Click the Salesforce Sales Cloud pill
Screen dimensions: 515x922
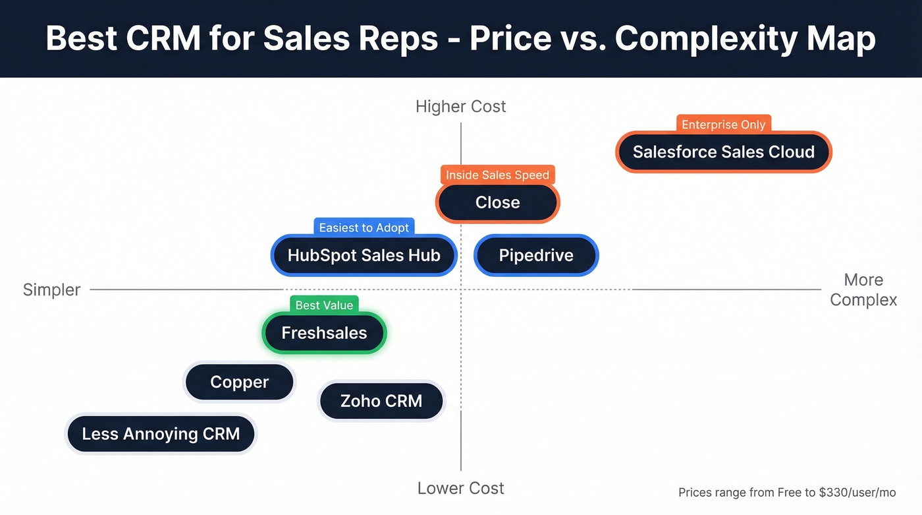(724, 152)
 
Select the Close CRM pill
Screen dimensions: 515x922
(497, 202)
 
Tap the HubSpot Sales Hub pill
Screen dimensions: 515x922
(364, 255)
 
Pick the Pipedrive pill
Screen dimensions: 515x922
(536, 255)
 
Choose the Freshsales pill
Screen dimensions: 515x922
(324, 333)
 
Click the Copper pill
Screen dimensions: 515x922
(239, 382)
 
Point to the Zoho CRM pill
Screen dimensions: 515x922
(381, 401)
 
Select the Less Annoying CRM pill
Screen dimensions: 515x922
(161, 434)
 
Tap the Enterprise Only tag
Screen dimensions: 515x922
(723, 125)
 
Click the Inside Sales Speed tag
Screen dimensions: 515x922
(497, 175)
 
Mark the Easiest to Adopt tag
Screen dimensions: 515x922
(364, 227)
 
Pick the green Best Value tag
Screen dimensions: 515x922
(324, 305)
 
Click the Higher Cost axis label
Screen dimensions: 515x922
(460, 106)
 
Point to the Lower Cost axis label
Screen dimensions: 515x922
(460, 489)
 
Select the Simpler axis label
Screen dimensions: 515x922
(51, 289)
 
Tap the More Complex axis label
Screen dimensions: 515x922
(863, 289)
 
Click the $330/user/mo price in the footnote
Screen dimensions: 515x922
(857, 493)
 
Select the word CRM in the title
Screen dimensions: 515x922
(163, 39)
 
